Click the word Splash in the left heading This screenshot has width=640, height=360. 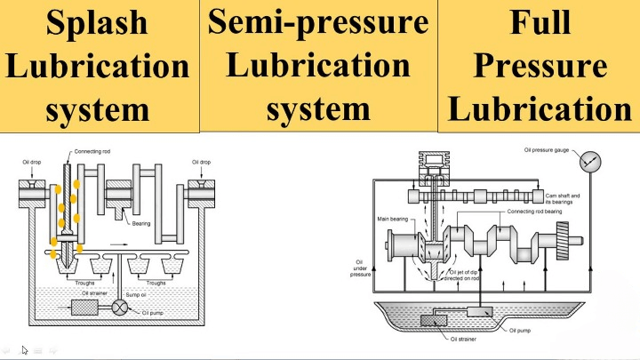pos(97,22)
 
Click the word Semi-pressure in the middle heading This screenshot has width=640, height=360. pos(318,21)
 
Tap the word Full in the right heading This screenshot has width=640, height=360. pos(540,21)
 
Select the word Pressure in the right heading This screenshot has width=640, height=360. pos(540,65)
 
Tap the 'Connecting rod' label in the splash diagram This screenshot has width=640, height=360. pos(92,154)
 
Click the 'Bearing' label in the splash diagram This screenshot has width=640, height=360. pos(141,223)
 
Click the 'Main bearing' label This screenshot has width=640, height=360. pos(393,218)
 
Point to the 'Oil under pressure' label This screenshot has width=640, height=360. pos(360,268)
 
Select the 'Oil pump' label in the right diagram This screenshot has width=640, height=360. pos(521,330)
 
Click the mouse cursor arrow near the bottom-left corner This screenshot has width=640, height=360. pos(25,349)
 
